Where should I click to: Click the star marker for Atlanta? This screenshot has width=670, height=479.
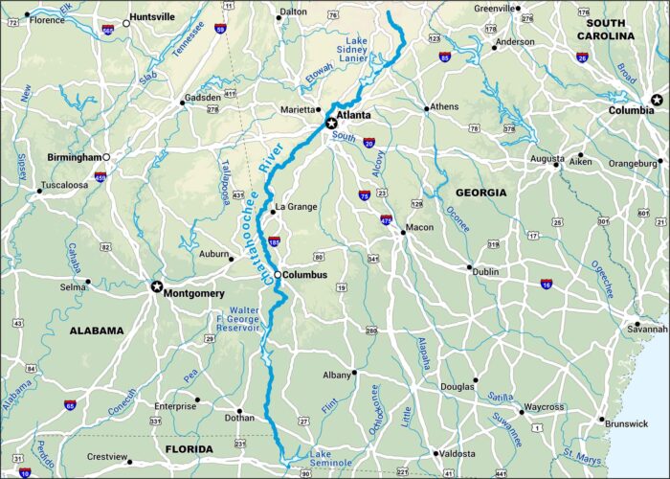click(332, 123)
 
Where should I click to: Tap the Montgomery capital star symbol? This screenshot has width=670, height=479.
click(157, 286)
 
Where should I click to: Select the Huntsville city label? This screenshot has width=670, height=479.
click(154, 16)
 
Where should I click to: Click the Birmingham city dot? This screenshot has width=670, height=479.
click(107, 157)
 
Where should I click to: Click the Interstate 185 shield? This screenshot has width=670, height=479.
click(275, 242)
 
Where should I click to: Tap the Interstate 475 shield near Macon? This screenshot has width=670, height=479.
click(387, 219)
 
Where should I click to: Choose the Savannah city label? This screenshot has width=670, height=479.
click(647, 329)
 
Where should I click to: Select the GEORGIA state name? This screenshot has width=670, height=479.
click(480, 193)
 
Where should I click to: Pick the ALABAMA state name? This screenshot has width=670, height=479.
click(97, 331)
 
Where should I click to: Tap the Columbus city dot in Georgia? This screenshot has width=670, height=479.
click(278, 275)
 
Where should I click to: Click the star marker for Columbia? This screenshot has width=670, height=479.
click(657, 100)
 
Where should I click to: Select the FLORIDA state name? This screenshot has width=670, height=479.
click(189, 448)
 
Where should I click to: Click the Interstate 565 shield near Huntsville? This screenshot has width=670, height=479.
click(107, 31)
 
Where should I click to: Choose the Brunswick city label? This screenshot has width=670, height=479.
click(626, 422)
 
